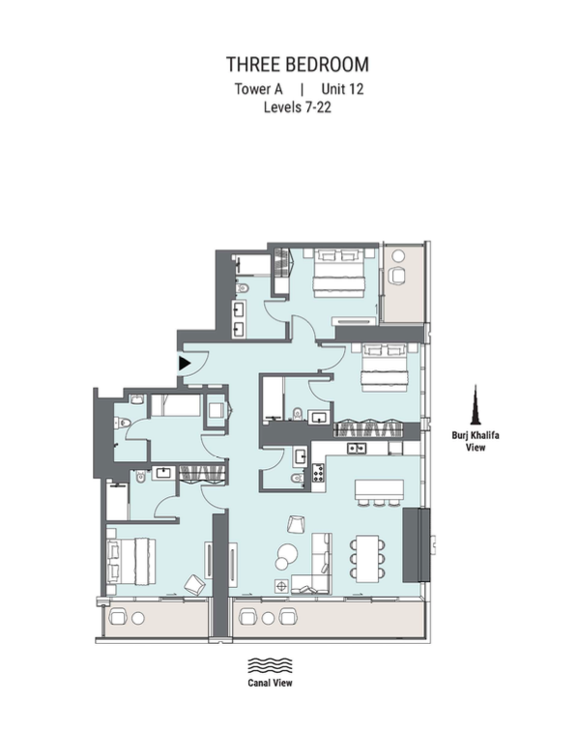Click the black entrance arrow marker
(185, 364)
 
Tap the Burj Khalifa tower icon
(476, 405)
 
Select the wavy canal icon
(270, 665)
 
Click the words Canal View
(270, 683)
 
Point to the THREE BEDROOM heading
(298, 65)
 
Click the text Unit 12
(342, 89)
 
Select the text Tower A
(258, 89)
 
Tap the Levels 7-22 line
(298, 107)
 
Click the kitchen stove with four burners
(318, 473)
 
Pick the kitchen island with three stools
(379, 492)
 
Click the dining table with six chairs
(367, 558)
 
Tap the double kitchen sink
(356, 449)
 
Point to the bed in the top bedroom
(338, 273)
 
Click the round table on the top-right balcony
(398, 256)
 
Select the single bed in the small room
(176, 405)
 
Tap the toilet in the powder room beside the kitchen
(296, 478)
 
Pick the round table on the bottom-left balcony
(137, 619)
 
